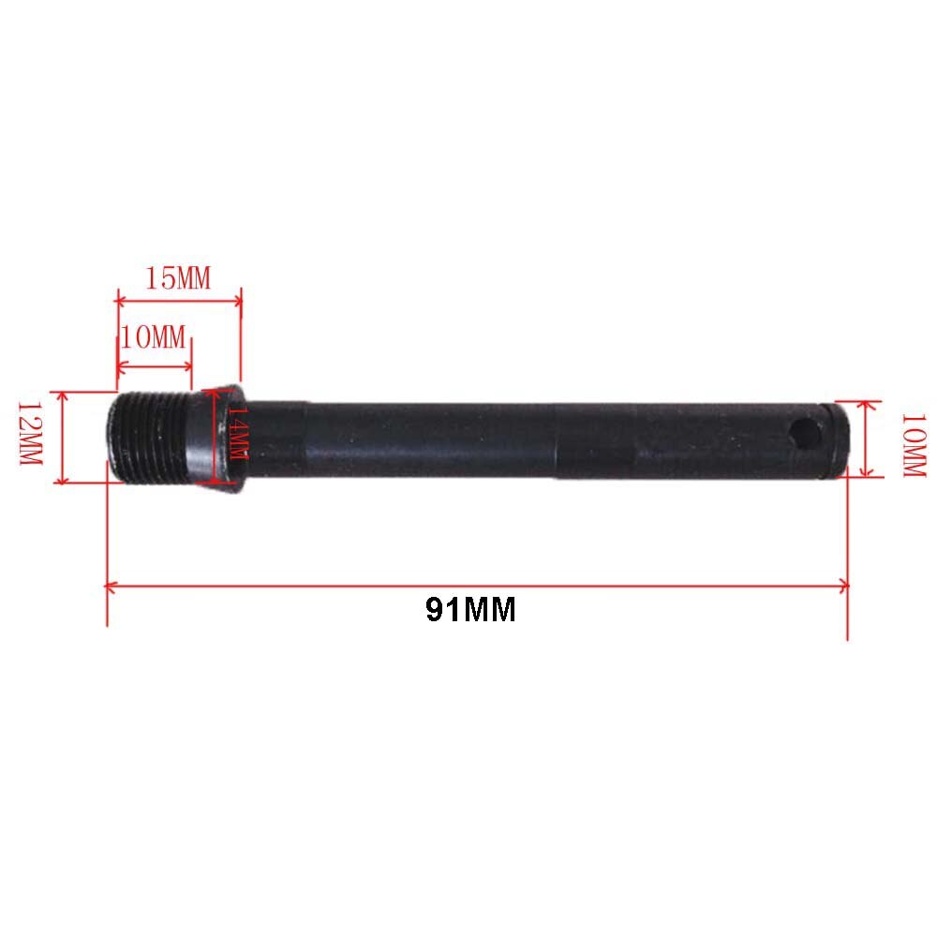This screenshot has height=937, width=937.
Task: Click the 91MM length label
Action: pos(470,610)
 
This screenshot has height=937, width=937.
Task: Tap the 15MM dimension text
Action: pos(178,278)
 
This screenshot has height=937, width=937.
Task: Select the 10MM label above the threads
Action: pos(153,337)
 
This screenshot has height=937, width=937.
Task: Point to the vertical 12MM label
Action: pos(31,433)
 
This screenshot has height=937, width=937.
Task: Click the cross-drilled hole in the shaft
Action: pos(804,433)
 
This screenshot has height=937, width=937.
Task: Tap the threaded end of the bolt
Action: pos(149,437)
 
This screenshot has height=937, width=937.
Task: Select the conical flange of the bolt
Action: pos(217,438)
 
